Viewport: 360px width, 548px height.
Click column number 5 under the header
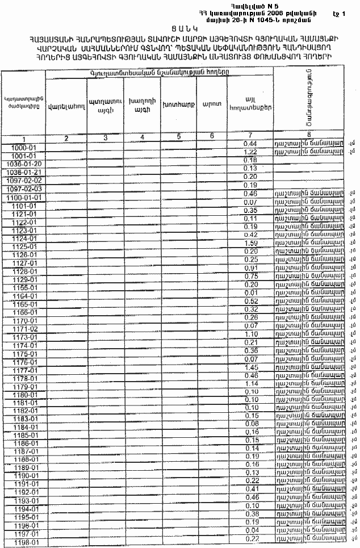[x=178, y=136]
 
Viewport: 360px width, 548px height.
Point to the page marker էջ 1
[x=339, y=11]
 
